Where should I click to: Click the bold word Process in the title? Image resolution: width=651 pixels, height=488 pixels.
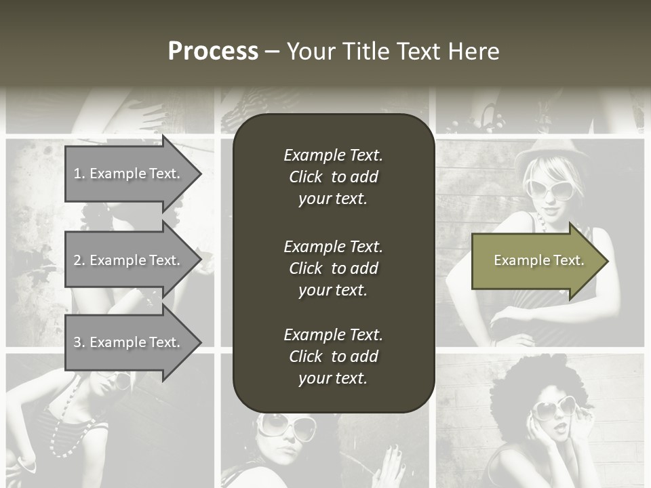(x=213, y=52)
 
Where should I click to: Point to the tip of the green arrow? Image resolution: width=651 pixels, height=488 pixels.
(x=606, y=261)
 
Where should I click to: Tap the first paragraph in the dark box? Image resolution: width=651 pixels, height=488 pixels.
(x=333, y=177)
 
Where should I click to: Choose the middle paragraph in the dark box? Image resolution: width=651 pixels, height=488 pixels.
(x=333, y=268)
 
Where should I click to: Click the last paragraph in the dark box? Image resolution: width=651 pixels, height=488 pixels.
(x=333, y=357)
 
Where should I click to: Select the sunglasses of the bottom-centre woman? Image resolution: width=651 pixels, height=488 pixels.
(x=285, y=426)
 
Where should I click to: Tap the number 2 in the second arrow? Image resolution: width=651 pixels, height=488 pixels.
(x=77, y=260)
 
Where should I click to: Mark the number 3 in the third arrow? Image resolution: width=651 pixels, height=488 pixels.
(x=77, y=342)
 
